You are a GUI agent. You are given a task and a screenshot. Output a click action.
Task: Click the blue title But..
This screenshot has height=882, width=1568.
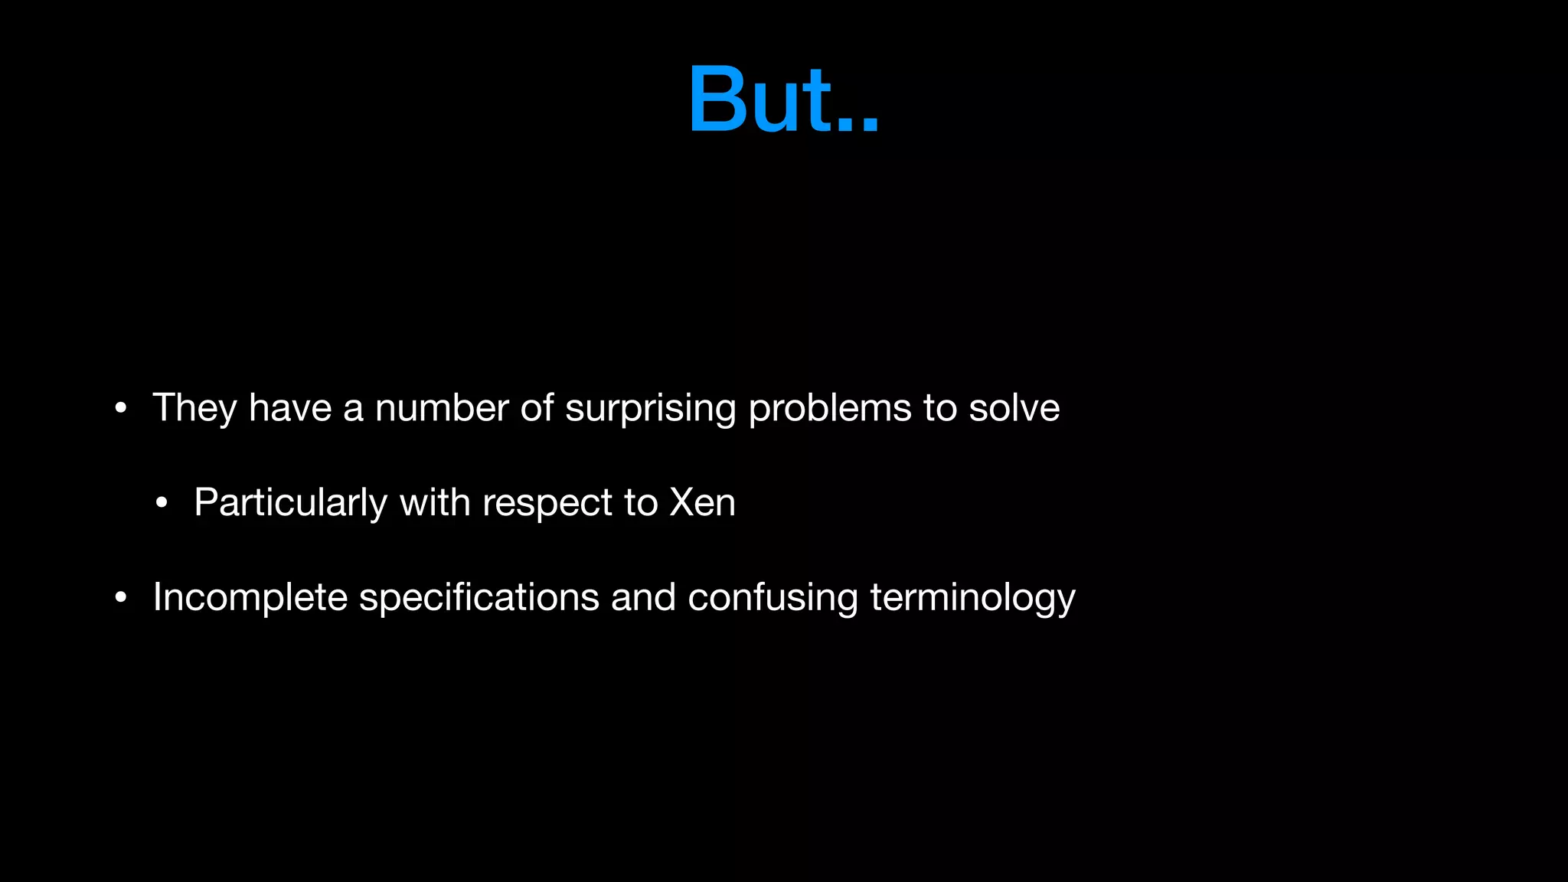click(782, 100)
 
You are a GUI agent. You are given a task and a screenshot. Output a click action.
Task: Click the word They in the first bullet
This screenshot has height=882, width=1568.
click(194, 407)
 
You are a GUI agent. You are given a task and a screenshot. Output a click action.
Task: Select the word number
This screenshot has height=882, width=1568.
click(442, 407)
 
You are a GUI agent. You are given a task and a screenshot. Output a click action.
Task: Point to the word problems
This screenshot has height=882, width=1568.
click(830, 407)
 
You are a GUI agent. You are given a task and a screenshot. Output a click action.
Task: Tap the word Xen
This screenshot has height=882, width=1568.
click(702, 502)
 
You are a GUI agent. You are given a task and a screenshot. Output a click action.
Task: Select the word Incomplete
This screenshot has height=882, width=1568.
click(250, 597)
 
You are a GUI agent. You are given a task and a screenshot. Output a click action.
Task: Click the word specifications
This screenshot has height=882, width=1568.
click(479, 597)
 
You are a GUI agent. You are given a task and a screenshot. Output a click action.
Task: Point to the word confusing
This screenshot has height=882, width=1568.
click(773, 597)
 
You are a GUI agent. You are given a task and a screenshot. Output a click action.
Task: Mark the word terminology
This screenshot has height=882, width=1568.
click(972, 598)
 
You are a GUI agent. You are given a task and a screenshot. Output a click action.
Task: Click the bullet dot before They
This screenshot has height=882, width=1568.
click(120, 409)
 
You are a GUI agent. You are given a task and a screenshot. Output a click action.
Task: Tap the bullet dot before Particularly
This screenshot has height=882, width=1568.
click(162, 504)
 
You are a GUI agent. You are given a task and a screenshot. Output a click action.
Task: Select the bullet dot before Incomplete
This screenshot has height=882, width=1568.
click(120, 598)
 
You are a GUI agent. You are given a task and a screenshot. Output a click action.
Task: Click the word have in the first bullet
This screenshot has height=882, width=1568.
click(290, 407)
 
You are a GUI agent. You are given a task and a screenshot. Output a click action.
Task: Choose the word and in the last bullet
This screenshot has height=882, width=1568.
click(643, 597)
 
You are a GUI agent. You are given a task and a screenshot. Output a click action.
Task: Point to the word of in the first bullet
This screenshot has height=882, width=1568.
click(537, 407)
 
